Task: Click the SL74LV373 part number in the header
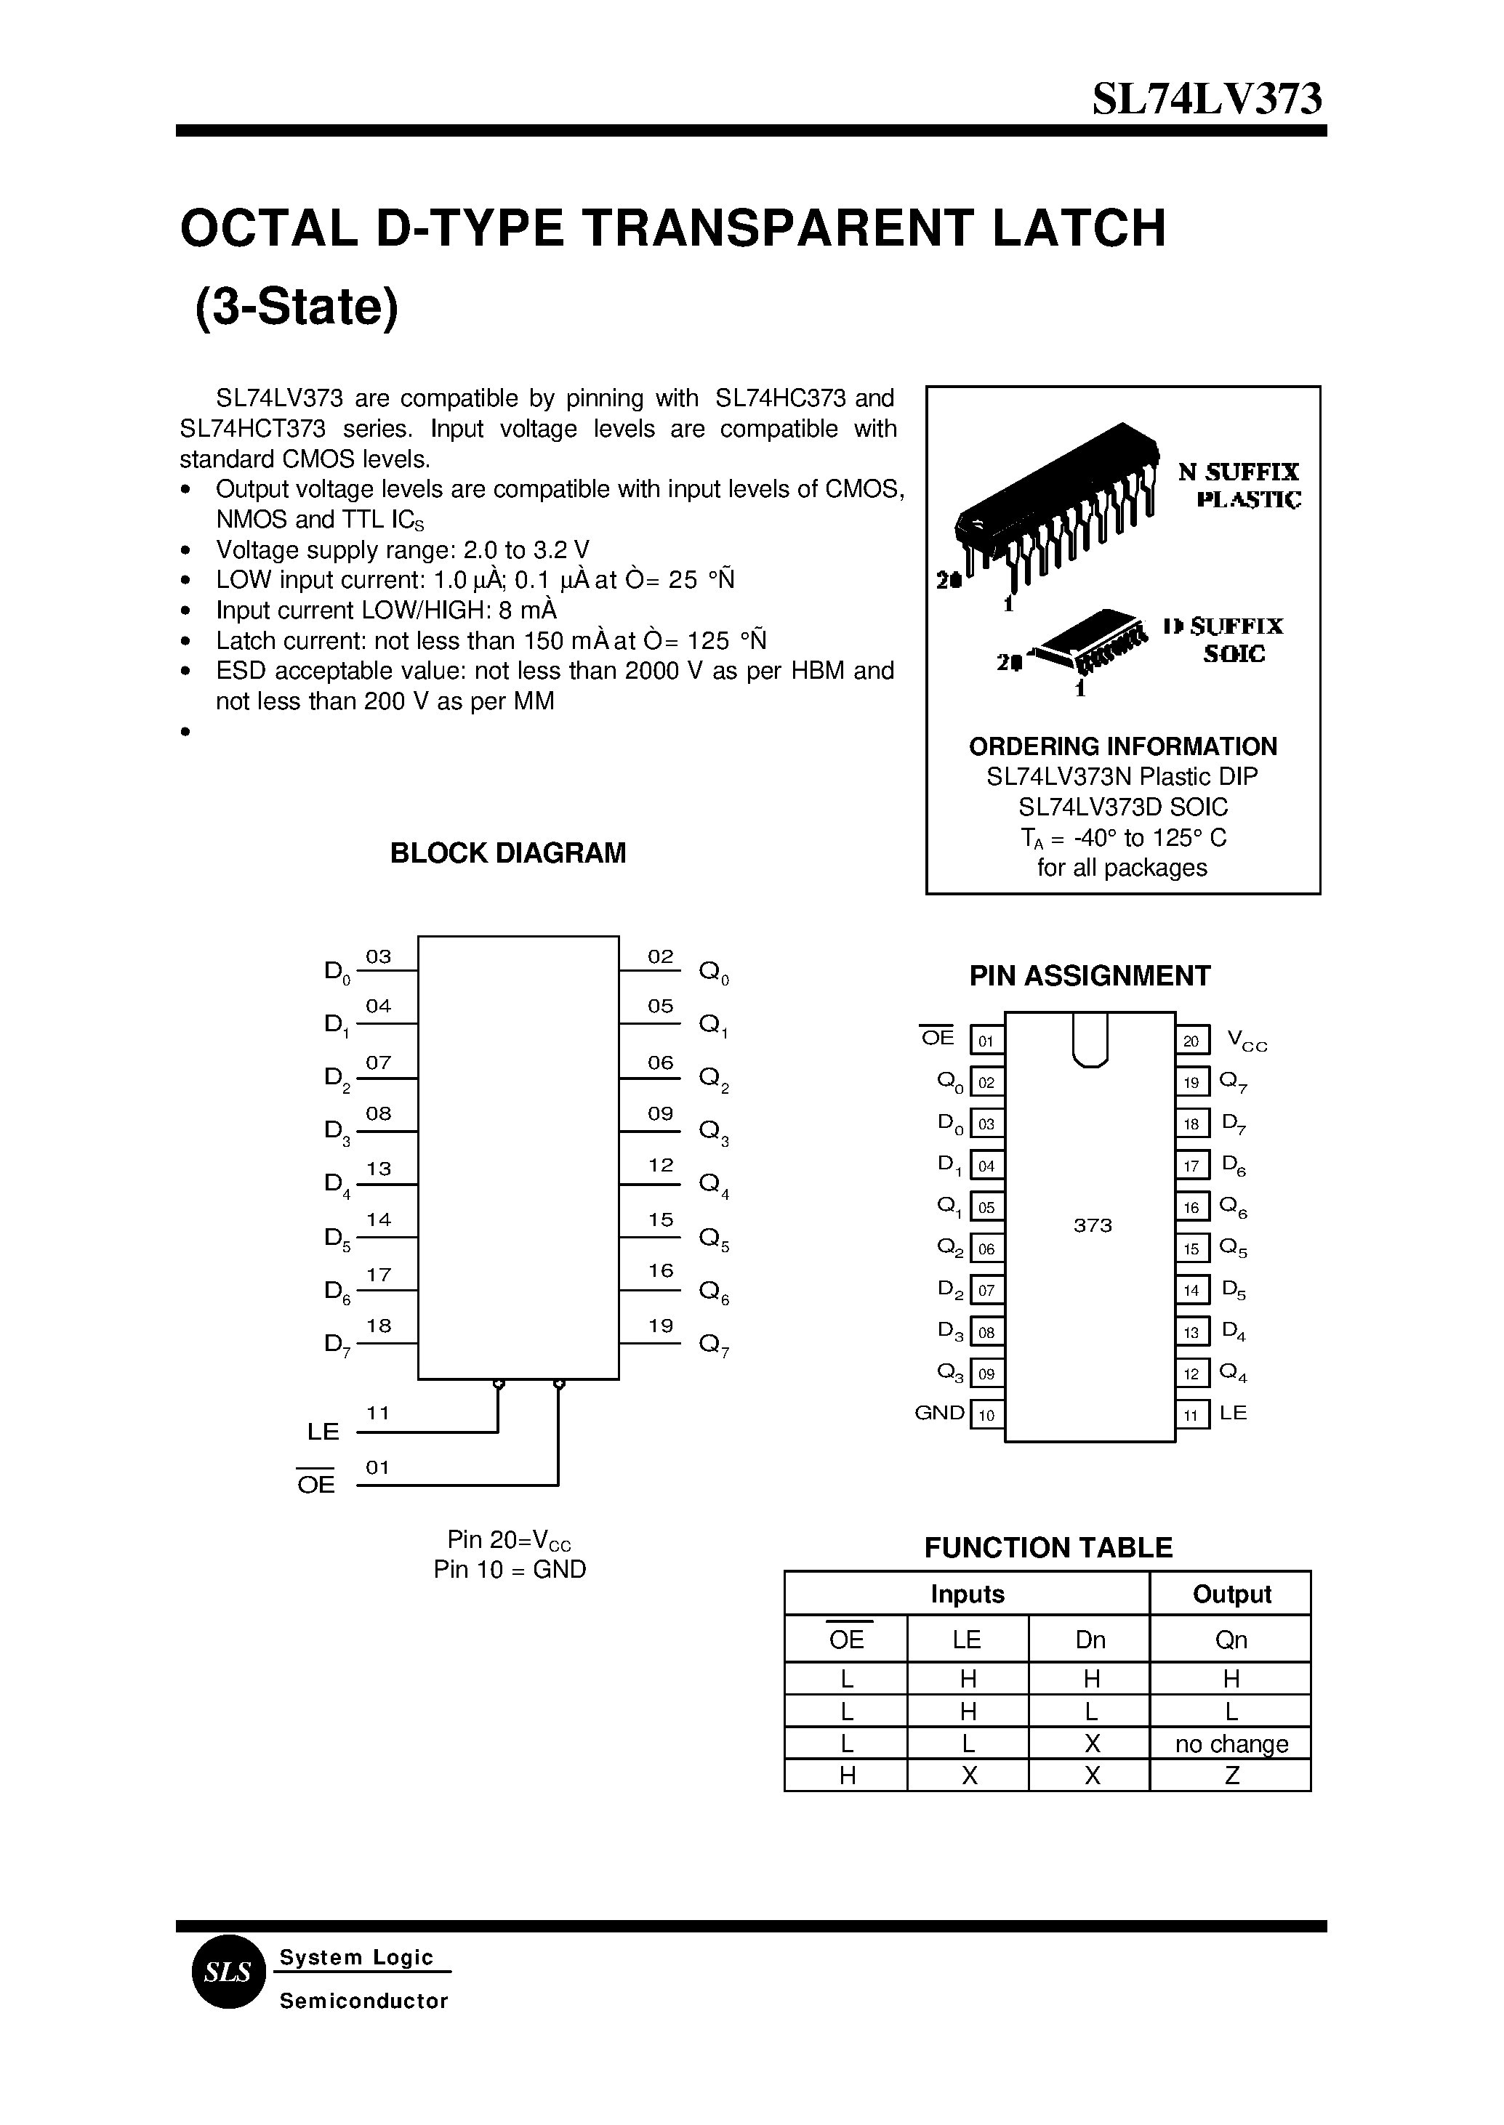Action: coord(1207,98)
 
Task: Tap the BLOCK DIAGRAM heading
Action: coord(507,852)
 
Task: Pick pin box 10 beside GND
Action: coord(986,1416)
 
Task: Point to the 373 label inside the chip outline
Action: coord(1092,1226)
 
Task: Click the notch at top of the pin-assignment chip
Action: coord(1090,1041)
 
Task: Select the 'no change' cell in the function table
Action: coord(1231,1744)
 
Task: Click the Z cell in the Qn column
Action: coord(1231,1776)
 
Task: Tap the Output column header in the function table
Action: coord(1231,1594)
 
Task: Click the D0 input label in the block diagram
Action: coord(336,972)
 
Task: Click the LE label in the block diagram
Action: coord(323,1432)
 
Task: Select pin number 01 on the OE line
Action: coord(378,1467)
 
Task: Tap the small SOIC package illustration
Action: coord(1093,640)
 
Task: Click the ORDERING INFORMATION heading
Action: coord(1122,746)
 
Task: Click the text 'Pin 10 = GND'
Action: coord(510,1570)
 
